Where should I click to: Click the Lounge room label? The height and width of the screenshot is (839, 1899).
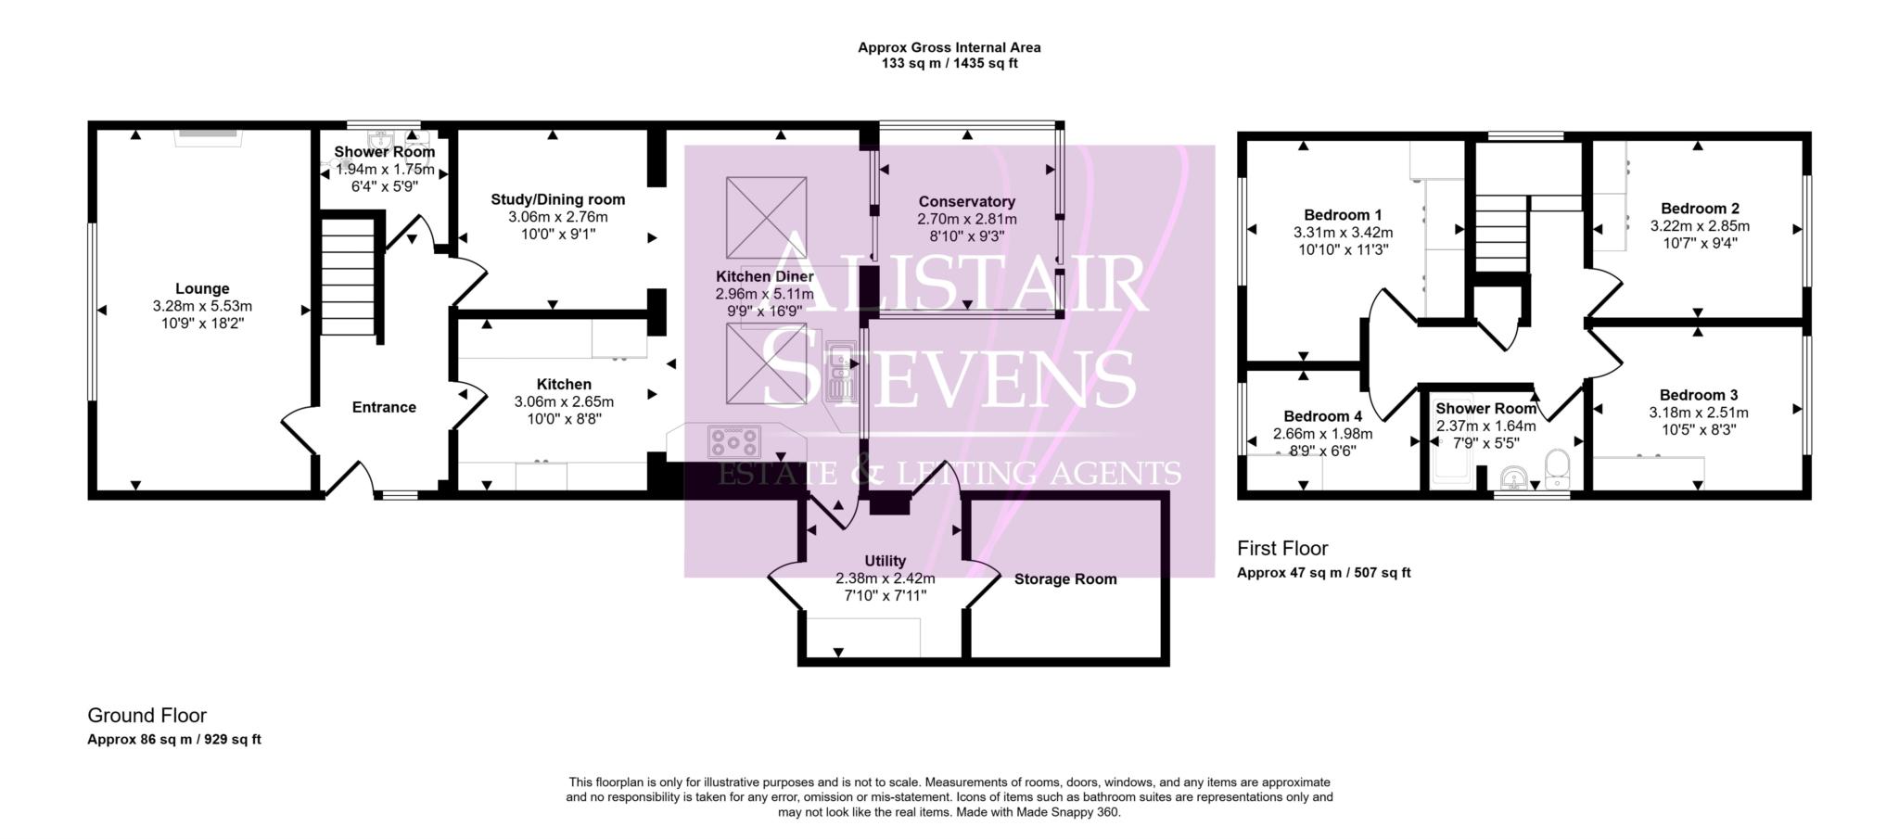pos(202,289)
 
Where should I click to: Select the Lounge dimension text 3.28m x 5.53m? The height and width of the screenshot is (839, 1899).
pos(202,306)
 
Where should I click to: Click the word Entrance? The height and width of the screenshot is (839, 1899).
pos(384,407)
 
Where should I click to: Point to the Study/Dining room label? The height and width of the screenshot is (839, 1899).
pos(557,199)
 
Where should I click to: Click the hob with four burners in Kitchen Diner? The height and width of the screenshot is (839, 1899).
pos(733,440)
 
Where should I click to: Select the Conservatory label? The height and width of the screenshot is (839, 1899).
pos(966,201)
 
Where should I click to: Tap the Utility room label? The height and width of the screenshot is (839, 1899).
pos(885,561)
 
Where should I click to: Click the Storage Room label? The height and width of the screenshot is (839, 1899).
pos(1064,579)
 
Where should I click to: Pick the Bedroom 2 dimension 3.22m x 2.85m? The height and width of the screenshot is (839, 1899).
pos(1699,226)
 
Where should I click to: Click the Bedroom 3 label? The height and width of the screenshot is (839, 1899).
pos(1698,395)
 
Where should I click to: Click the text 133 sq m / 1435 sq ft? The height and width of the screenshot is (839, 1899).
pos(949,64)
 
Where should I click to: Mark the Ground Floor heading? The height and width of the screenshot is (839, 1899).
pos(147,716)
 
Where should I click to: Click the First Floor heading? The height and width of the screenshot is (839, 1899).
pos(1281,549)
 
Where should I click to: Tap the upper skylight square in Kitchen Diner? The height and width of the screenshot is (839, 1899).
pos(765,218)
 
